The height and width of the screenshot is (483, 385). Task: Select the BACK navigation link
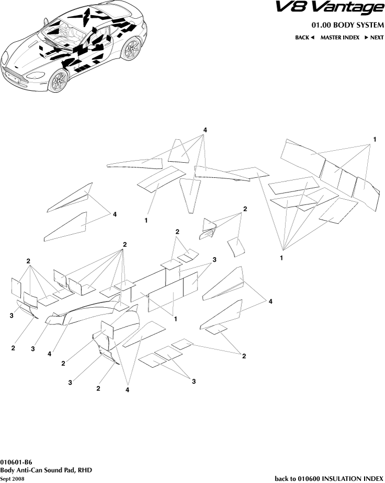(305, 38)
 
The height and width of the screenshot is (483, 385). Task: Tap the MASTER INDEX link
(340, 38)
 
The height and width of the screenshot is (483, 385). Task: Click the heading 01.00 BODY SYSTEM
(347, 26)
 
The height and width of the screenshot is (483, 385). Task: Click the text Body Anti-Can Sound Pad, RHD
(46, 470)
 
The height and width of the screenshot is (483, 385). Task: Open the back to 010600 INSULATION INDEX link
(329, 478)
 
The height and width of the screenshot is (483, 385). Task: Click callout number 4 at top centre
(205, 130)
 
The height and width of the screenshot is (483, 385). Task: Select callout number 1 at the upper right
(375, 139)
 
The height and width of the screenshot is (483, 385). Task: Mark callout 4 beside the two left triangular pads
(114, 214)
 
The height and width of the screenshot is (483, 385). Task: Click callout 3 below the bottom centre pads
(193, 382)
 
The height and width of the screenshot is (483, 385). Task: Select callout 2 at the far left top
(28, 261)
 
